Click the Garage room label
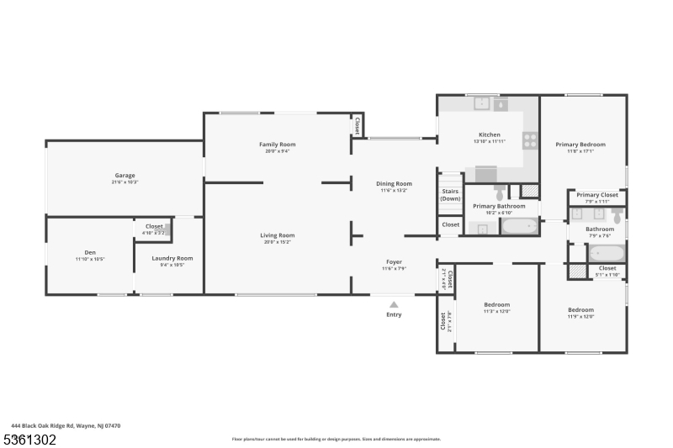pos(124,176)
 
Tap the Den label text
pos(89,252)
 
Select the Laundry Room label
pos(172,258)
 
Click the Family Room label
pos(277,145)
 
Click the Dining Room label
pos(394,183)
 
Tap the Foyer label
pos(394,261)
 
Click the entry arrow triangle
pos(394,304)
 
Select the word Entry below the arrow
pos(394,314)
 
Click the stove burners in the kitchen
pos(531,140)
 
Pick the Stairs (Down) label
pos(450,195)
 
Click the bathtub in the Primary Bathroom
pos(520,226)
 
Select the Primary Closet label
pos(597,195)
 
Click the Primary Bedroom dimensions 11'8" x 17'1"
pos(580,152)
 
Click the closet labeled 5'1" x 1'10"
pos(607,271)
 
